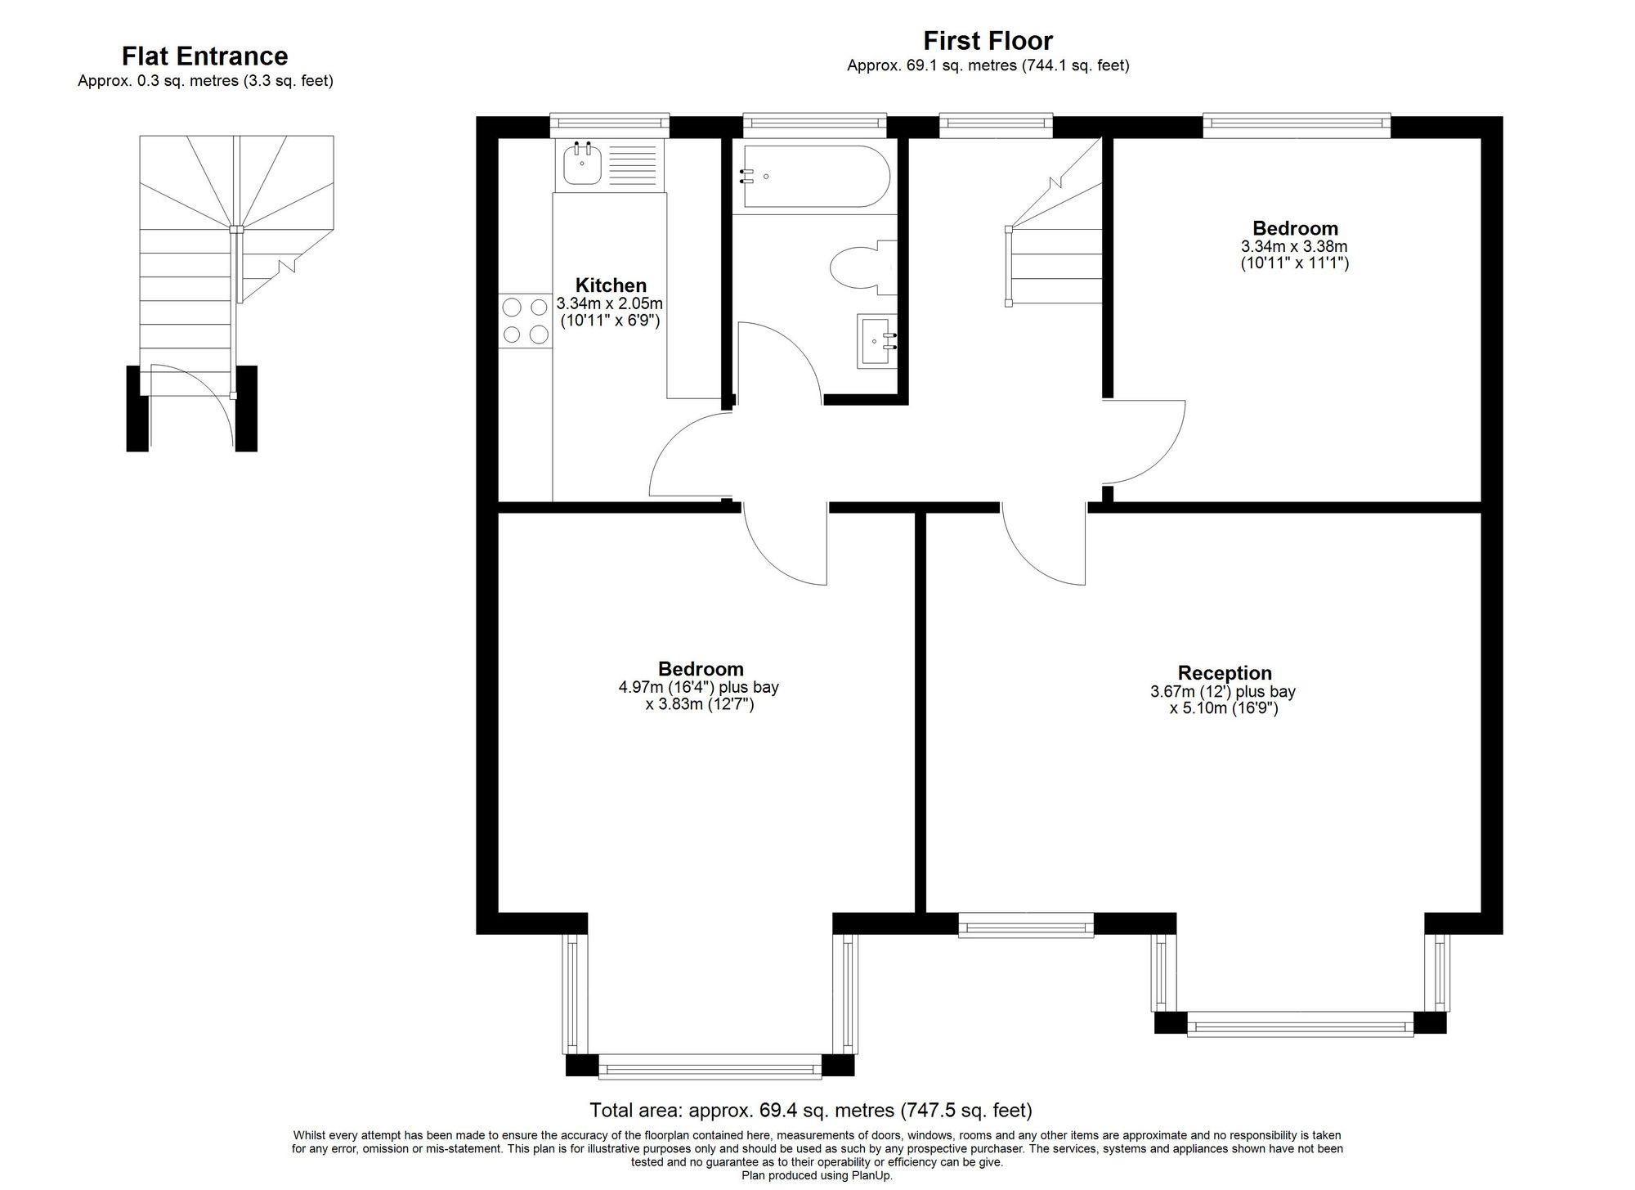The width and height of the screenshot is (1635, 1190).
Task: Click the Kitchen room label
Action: click(611, 285)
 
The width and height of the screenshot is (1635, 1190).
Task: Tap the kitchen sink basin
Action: click(581, 163)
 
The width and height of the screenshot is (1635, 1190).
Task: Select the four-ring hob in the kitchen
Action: click(525, 321)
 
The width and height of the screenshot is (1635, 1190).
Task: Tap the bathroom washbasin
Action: click(877, 341)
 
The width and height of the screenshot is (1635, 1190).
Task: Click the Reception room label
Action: click(1224, 673)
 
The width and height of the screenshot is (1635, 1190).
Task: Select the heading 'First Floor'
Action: click(988, 40)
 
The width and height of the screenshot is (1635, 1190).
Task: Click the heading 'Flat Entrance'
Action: click(205, 56)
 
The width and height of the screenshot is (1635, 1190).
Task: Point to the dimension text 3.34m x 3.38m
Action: click(1294, 246)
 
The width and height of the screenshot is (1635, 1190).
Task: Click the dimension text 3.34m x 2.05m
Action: click(610, 303)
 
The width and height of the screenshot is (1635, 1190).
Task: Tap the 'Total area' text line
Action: click(811, 1111)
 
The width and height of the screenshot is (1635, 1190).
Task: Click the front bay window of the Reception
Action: click(1300, 1024)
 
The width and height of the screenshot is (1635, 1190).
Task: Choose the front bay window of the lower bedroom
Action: click(710, 1067)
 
